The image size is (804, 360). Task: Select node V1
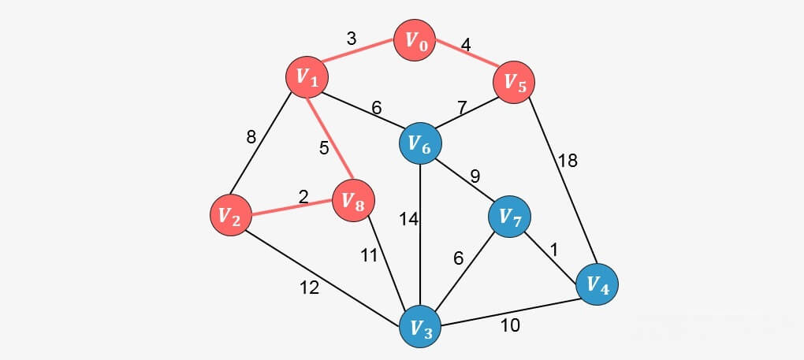click(307, 76)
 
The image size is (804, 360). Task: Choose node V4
click(597, 284)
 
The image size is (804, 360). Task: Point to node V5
click(515, 82)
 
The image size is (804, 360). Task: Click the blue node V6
click(420, 144)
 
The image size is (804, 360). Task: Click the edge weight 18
click(568, 161)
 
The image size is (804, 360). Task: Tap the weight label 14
click(408, 220)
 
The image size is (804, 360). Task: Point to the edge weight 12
click(309, 288)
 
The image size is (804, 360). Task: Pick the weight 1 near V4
click(554, 250)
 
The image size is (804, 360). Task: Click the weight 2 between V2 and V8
click(303, 196)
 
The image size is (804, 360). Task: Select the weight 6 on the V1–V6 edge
click(377, 108)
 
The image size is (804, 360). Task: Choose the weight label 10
click(510, 325)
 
